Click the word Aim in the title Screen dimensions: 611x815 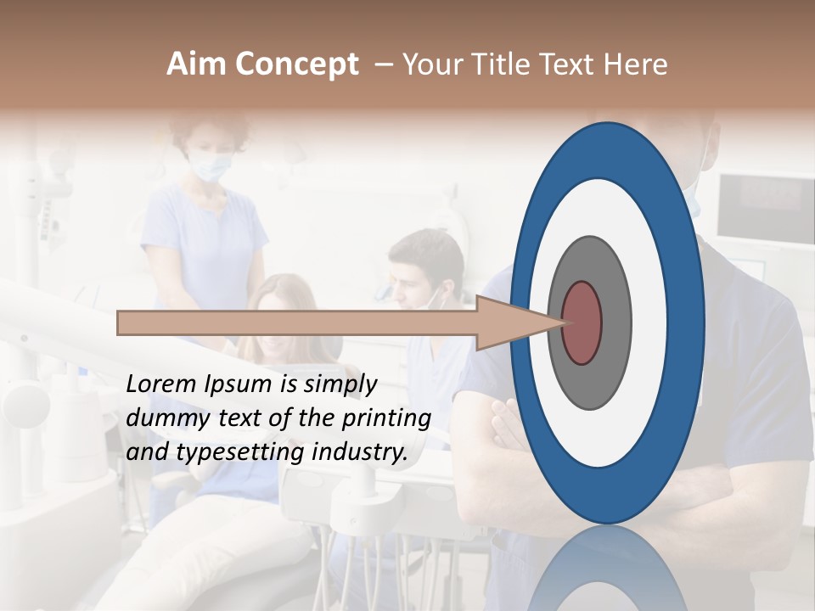point(197,64)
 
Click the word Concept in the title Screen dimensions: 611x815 point(297,65)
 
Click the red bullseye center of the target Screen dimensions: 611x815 point(582,322)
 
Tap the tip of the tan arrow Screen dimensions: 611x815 point(567,322)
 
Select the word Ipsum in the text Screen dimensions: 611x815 point(239,385)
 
